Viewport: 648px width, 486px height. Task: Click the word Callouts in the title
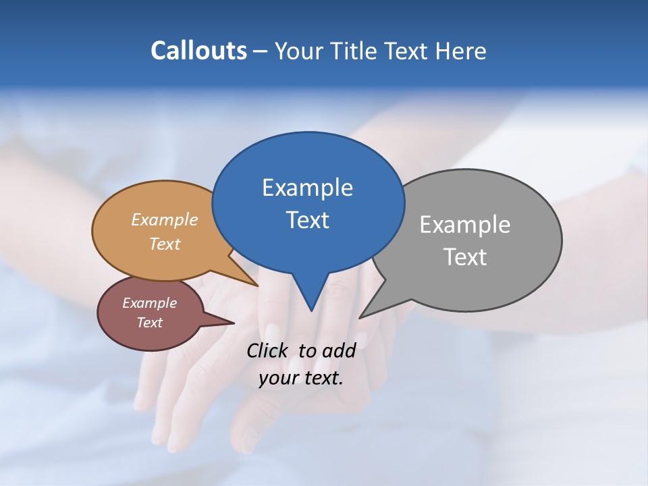click(x=198, y=51)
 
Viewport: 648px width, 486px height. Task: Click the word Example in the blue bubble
click(x=307, y=188)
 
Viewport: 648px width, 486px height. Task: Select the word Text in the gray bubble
click(x=465, y=257)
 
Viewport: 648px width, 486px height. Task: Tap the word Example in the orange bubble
click(x=164, y=219)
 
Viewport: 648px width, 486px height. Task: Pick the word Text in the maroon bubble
click(x=149, y=323)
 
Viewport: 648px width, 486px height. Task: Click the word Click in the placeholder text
click(x=269, y=350)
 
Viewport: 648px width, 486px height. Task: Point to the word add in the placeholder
click(x=338, y=350)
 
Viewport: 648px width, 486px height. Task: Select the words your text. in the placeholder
click(x=300, y=378)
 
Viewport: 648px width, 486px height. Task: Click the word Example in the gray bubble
click(x=464, y=225)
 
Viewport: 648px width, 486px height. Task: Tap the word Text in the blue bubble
click(x=308, y=220)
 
